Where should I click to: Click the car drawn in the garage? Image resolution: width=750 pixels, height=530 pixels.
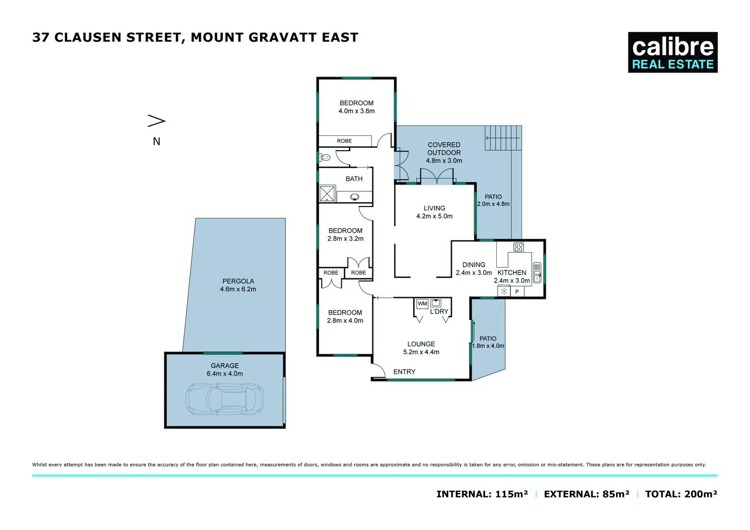224,398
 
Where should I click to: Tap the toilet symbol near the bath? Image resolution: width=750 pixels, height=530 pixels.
324,158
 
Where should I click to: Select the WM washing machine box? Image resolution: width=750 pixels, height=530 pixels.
422,304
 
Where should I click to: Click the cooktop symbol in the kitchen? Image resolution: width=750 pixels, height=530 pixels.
518,247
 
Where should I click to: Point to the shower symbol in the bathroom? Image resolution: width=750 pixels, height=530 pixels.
327,193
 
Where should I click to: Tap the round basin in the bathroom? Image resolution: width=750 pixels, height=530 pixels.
354,197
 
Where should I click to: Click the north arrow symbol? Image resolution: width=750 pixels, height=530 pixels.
157,121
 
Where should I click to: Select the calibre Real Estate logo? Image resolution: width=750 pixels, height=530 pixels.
672,53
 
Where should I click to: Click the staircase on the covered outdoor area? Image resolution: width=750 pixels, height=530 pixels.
503,138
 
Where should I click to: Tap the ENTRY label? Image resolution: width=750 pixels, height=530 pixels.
404,372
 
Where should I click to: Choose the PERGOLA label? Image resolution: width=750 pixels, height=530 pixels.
238,281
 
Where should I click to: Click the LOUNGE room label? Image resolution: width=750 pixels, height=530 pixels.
421,344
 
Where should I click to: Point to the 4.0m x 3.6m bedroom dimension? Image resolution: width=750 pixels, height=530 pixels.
356,111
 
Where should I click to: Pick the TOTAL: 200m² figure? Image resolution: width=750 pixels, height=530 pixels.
681,494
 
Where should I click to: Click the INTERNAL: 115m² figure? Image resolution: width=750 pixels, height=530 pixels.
482,494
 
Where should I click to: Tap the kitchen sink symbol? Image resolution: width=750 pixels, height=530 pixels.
537,273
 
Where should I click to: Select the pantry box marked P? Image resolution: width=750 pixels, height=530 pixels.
517,291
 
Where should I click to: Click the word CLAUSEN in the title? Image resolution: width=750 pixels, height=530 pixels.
88,38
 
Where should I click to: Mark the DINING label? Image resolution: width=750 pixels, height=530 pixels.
474,265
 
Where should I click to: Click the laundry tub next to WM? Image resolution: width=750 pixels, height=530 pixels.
435,303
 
